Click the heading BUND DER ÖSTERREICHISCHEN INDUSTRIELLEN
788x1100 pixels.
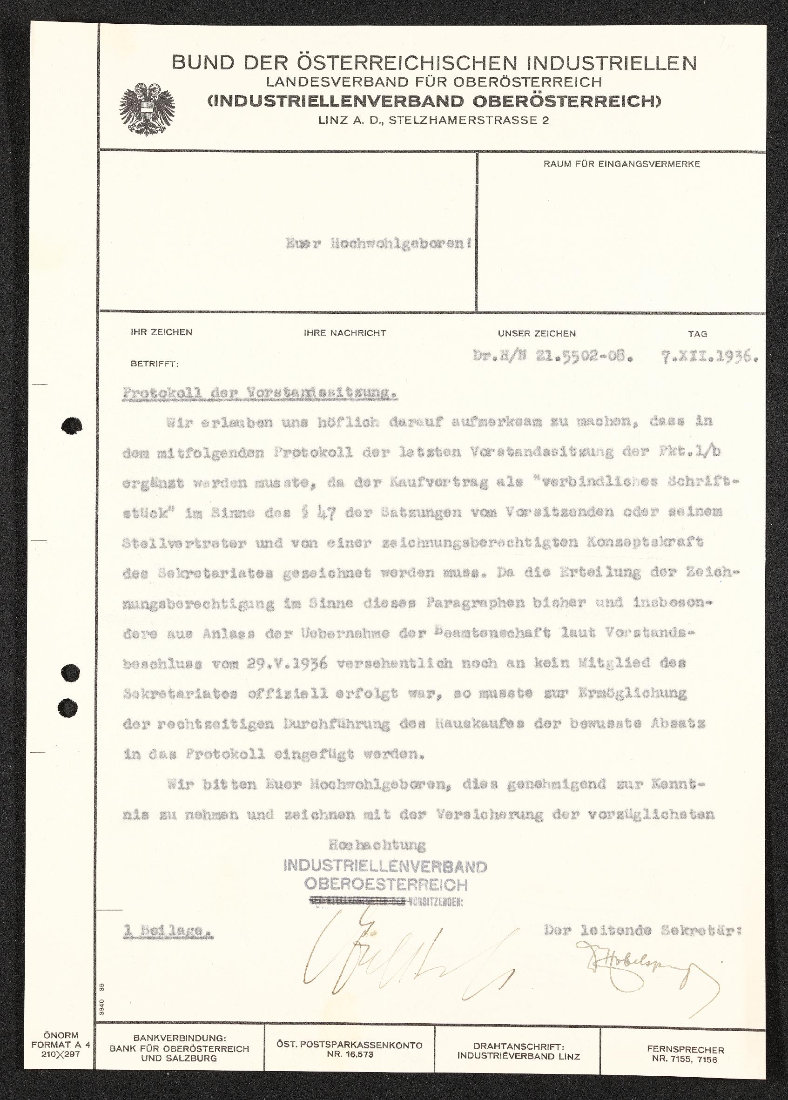click(434, 63)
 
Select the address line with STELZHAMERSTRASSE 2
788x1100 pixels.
click(433, 121)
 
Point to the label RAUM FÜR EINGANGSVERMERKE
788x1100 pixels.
click(621, 164)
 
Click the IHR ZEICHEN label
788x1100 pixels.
click(162, 332)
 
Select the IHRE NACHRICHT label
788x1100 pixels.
click(345, 333)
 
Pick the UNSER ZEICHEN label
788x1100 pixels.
click(536, 334)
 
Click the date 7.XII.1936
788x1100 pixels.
click(709, 358)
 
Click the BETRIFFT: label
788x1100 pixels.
click(154, 364)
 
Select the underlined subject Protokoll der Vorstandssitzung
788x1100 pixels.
click(260, 393)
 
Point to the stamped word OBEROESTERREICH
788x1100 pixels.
click(386, 884)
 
